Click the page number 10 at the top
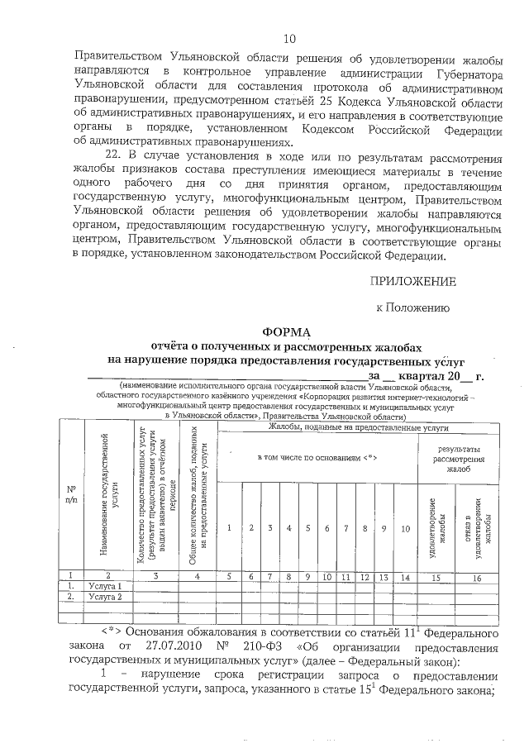288,38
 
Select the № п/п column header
71,493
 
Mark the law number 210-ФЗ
287,643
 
